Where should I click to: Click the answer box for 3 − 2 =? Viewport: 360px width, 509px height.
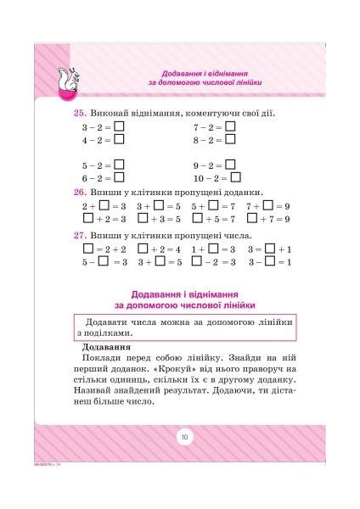[119, 127]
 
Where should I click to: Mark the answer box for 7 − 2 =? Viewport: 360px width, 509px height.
[230, 127]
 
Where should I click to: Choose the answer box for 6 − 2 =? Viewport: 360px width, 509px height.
[119, 177]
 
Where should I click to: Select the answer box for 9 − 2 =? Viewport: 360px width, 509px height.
[230, 165]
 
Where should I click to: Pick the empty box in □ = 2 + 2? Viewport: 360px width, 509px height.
[87, 249]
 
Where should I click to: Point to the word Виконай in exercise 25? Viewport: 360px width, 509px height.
[116, 113]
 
